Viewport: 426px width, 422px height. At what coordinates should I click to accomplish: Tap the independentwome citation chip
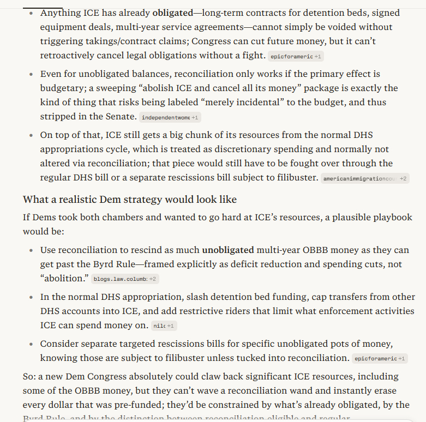pos(169,117)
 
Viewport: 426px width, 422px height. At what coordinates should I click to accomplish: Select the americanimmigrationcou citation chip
pos(364,178)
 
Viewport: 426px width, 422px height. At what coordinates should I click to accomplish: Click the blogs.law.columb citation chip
pos(124,279)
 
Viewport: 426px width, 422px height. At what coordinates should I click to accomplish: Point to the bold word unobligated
pos(228,250)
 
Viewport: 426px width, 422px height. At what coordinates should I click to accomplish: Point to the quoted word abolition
pos(64,279)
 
